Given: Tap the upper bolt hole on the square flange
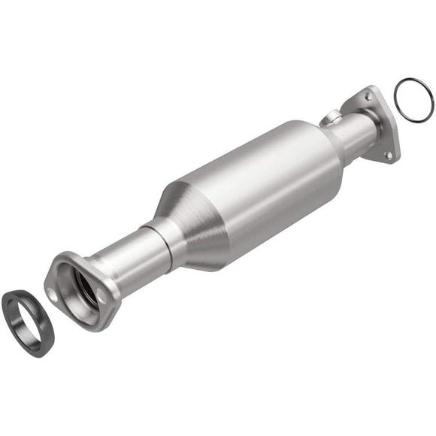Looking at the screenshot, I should tap(368, 95).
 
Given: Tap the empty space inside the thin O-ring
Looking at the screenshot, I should tap(413, 99).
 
